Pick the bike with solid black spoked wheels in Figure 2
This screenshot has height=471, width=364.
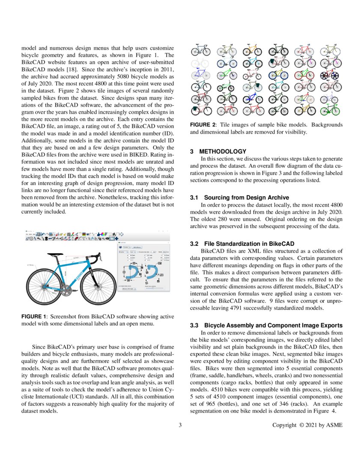click(331, 75)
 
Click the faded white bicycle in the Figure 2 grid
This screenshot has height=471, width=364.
click(200, 63)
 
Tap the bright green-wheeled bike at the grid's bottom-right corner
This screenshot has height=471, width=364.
click(331, 110)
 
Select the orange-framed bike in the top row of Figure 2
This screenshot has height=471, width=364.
click(252, 51)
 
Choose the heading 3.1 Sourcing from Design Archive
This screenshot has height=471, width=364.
click(239, 197)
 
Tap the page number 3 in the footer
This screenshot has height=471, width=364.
click(180, 425)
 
